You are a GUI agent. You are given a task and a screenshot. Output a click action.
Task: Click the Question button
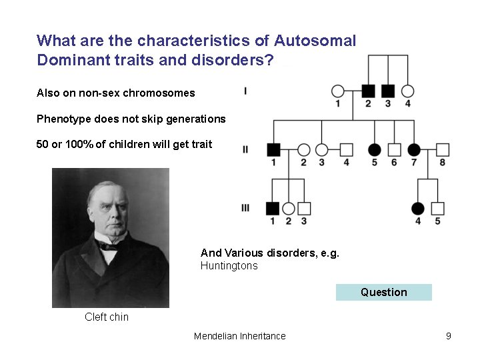point(383,292)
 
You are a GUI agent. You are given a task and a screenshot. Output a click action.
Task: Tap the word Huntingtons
point(229,266)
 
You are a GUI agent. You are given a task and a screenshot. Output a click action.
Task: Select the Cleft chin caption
point(107,317)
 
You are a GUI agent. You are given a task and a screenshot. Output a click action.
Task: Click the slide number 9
point(449,336)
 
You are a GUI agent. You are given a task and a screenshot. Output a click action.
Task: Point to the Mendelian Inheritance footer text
point(239,336)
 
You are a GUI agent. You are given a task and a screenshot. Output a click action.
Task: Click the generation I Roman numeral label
point(245,91)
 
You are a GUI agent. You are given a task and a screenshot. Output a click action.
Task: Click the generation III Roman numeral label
point(245,208)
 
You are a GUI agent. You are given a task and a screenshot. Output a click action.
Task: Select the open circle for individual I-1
point(338,91)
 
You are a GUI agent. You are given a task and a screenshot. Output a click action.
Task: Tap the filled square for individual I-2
point(368,91)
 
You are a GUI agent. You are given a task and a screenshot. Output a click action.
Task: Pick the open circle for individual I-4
point(408,91)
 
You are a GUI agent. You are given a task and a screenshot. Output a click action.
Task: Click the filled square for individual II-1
point(272,149)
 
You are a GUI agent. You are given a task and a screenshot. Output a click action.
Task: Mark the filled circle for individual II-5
point(375,149)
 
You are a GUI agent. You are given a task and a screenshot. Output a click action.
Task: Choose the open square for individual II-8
point(443,149)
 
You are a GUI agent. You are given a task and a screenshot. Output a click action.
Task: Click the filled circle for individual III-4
point(418,208)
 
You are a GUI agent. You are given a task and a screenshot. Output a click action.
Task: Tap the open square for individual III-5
point(438,208)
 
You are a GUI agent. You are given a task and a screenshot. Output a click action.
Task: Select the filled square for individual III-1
point(272,208)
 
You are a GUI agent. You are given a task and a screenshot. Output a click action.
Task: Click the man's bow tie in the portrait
point(108,245)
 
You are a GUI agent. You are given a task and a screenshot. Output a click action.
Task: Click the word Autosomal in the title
point(315,41)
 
